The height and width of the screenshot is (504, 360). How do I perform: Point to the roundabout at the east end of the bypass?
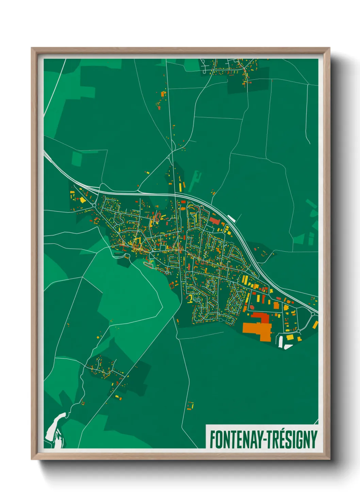point(313,314)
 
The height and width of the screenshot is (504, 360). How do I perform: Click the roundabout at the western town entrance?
point(94,205)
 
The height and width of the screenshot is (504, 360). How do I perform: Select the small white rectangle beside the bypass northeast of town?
point(231,218)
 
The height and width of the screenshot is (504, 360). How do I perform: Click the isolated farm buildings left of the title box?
point(190,406)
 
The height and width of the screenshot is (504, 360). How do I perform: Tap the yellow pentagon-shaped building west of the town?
point(82,200)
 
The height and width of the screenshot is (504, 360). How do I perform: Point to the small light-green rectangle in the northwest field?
point(77,159)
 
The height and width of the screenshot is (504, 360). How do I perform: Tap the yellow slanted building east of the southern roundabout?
point(315,325)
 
